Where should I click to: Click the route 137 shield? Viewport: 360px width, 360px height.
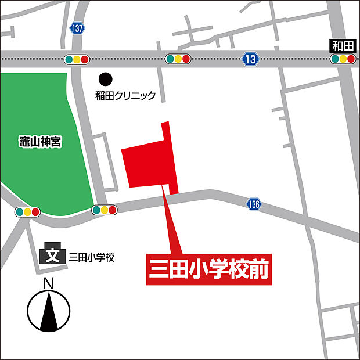pyautogui.click(x=77, y=28)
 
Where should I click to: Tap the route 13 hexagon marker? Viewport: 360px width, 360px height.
pyautogui.click(x=250, y=58)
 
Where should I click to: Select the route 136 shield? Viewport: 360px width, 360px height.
pyautogui.click(x=253, y=204)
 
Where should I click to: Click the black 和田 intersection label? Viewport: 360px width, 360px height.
pyautogui.click(x=342, y=46)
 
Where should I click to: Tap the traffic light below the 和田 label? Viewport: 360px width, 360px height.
pyautogui.click(x=343, y=59)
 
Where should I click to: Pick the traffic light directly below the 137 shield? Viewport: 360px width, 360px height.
pyautogui.click(x=77, y=59)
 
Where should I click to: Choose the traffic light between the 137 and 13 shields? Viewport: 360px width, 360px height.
pyautogui.click(x=178, y=59)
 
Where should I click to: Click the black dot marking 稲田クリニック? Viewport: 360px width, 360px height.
pyautogui.click(x=105, y=78)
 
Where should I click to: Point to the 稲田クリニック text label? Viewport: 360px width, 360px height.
pyautogui.click(x=125, y=95)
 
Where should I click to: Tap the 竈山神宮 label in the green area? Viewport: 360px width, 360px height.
pyautogui.click(x=39, y=141)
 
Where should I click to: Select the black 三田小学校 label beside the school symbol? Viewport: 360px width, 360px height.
pyautogui.click(x=92, y=256)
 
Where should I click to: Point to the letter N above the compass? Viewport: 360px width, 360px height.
pyautogui.click(x=49, y=283)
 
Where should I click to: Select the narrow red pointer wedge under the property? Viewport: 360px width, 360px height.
pyautogui.click(x=170, y=226)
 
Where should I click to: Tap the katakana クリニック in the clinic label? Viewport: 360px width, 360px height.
pyautogui.click(x=136, y=95)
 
